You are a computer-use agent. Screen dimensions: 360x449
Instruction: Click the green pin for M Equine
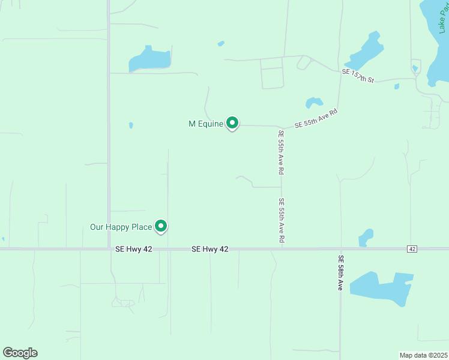[232, 123]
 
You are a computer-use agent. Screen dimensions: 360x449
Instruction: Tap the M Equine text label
[206, 124]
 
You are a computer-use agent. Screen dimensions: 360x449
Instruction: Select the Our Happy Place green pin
[161, 226]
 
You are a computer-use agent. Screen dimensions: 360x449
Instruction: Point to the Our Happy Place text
[120, 227]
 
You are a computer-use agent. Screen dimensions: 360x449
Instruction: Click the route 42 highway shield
[411, 248]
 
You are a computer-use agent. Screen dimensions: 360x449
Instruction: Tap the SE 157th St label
[358, 76]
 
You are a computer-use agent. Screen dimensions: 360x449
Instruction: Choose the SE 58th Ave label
[340, 273]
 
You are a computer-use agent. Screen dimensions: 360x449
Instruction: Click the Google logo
[20, 352]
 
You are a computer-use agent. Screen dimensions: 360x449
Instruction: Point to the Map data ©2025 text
[423, 355]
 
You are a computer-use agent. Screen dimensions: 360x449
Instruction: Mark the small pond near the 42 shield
[366, 237]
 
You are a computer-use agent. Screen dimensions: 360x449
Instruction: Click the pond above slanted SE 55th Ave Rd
[313, 102]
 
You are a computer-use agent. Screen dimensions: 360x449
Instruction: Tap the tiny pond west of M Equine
[131, 125]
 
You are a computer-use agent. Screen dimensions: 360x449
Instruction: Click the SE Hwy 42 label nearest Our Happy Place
[129, 248]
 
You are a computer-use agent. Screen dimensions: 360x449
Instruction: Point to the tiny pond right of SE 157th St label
[397, 86]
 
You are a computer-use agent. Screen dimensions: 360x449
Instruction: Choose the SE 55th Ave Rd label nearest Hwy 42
[281, 220]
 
